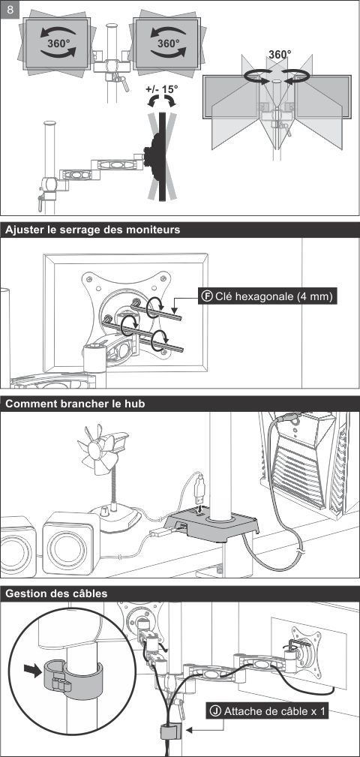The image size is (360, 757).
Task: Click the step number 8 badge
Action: [10, 10]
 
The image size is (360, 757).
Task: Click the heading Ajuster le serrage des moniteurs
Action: [93, 230]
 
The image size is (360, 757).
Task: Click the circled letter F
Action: [208, 296]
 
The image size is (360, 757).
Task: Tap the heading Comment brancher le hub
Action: [75, 404]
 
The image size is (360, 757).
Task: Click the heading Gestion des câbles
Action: [56, 593]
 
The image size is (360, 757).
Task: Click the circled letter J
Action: [216, 711]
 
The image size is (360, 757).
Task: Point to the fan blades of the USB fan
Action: [98, 449]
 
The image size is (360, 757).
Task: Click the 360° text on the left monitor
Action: [58, 43]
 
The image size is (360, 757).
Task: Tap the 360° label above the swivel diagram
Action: [280, 55]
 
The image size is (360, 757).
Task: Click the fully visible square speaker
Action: [71, 543]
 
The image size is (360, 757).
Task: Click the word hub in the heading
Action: [134, 404]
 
